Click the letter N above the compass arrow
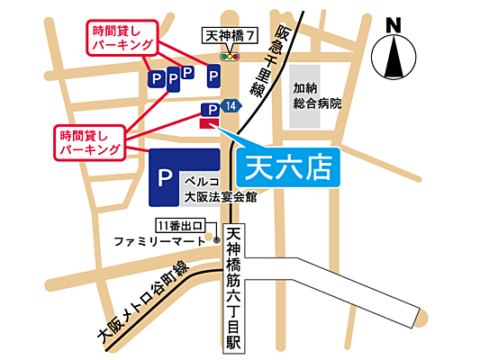click(x=393, y=25)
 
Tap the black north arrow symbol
click(x=393, y=58)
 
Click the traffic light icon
click(x=231, y=56)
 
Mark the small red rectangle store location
click(x=209, y=124)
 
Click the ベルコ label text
click(x=199, y=180)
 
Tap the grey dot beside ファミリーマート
click(x=217, y=240)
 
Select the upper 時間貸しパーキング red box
click(x=120, y=39)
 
